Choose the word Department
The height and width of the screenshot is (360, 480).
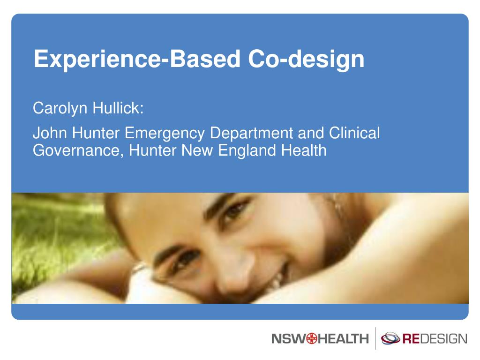251,134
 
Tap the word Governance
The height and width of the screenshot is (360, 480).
76,150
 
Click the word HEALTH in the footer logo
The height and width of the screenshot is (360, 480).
342,338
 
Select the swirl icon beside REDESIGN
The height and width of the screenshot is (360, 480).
390,338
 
